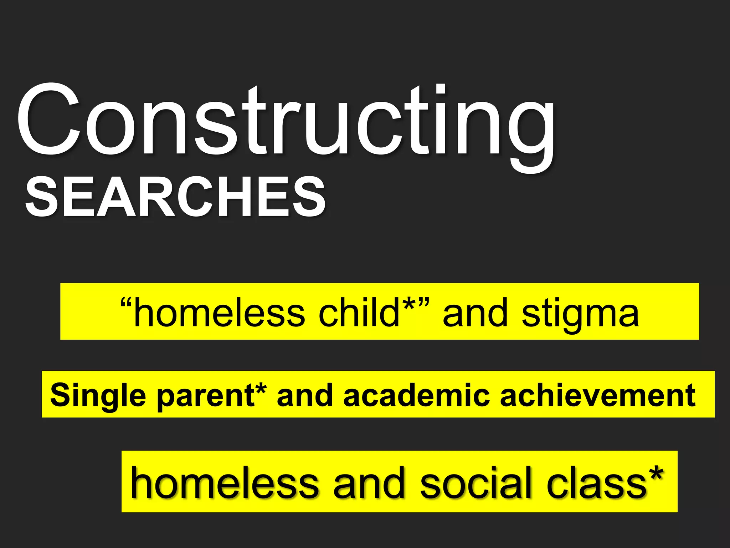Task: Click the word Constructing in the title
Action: pos(285,121)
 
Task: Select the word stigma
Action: pos(580,314)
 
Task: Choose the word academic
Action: pos(417,395)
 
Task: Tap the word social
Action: pos(476,483)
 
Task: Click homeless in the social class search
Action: pos(225,483)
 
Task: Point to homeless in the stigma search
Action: pos(220,313)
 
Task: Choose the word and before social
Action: pos(369,483)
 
